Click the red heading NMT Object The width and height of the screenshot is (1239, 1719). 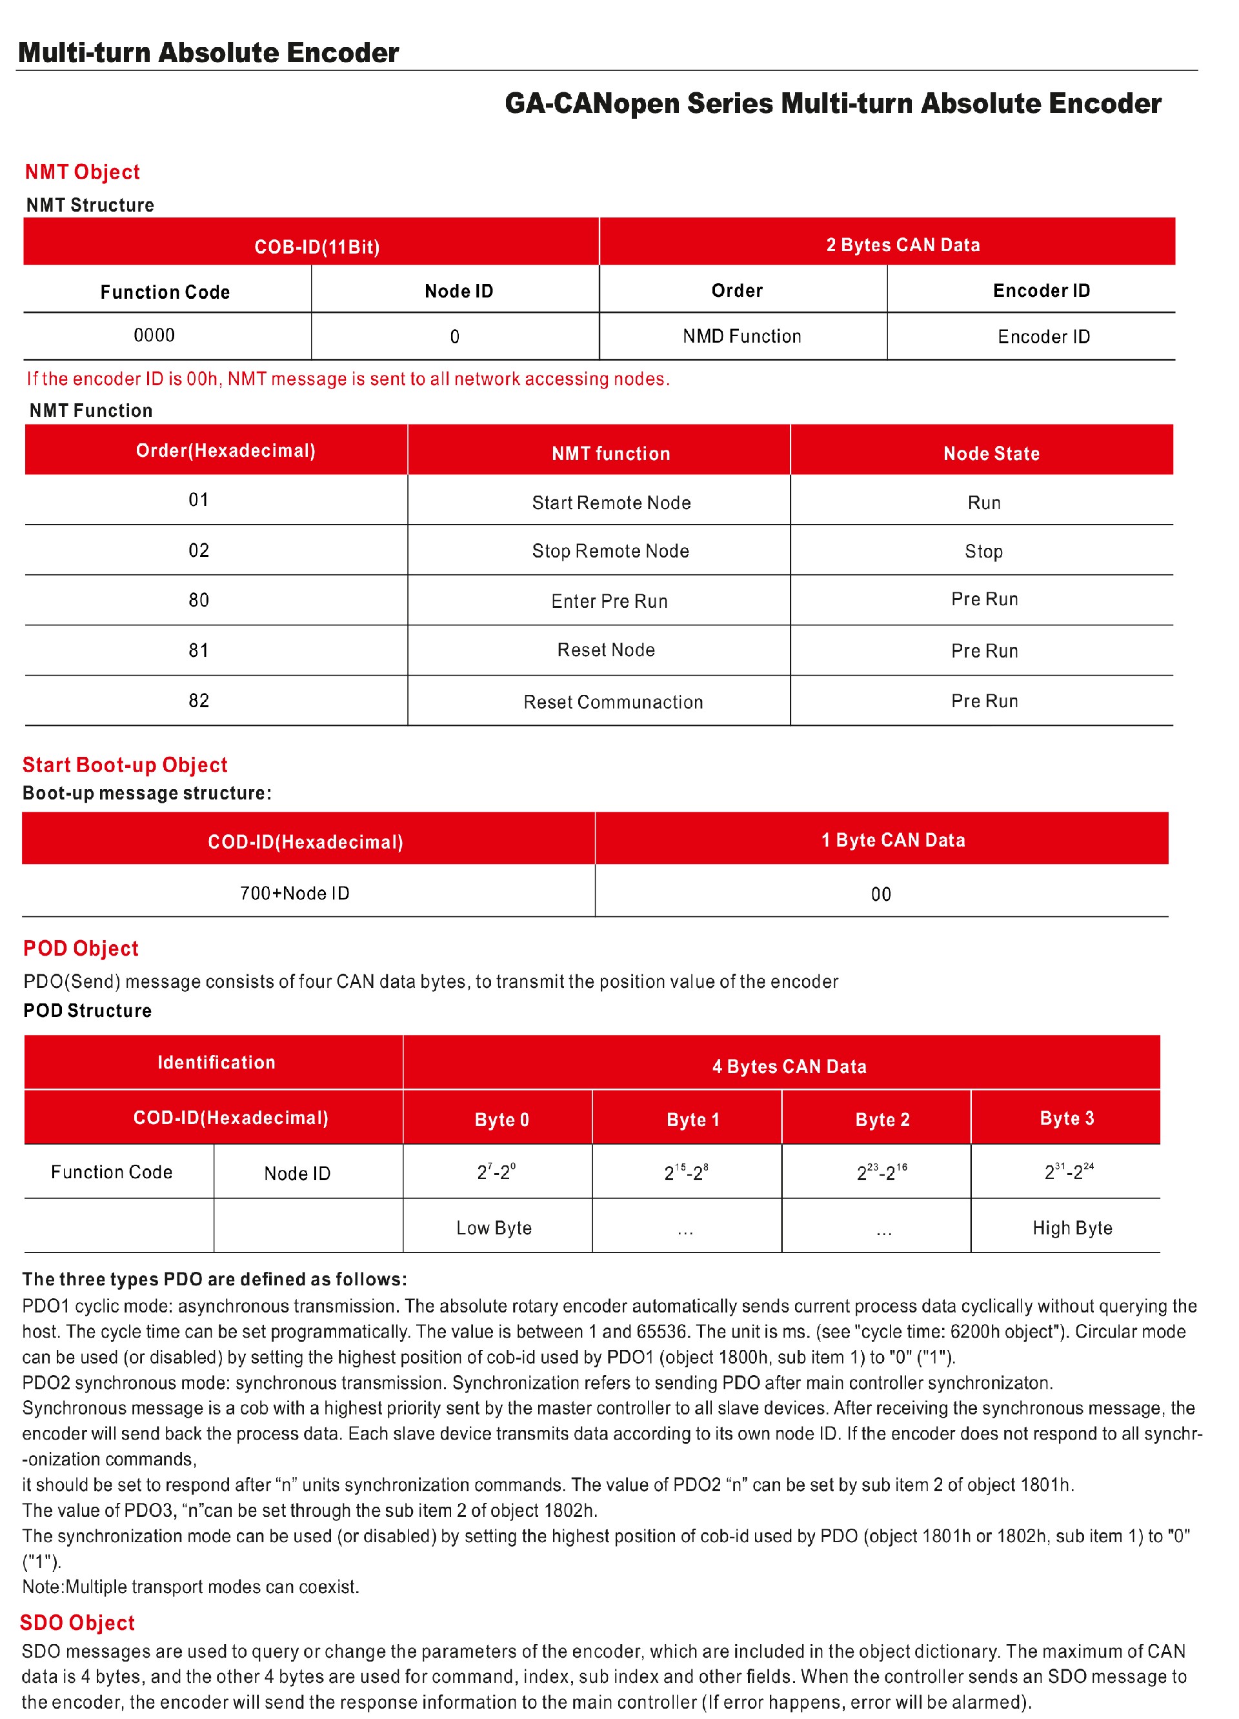(82, 172)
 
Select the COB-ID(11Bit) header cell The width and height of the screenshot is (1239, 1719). (317, 247)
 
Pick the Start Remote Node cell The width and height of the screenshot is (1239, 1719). (610, 503)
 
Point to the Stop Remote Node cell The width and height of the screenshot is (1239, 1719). (610, 551)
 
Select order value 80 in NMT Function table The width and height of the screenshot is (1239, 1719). (199, 600)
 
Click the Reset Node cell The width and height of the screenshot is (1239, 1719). (605, 650)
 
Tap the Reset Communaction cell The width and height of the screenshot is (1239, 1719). (612, 702)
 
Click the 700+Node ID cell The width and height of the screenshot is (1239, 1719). (295, 894)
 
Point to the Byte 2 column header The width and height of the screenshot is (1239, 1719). (882, 1120)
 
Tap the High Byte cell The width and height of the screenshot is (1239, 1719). (1071, 1228)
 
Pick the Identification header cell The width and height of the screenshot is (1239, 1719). (216, 1063)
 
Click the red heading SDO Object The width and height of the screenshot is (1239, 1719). (77, 1623)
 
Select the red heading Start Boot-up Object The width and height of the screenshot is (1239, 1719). (125, 765)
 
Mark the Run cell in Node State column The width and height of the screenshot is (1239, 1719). (983, 503)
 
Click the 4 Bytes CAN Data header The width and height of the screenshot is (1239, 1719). (789, 1067)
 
